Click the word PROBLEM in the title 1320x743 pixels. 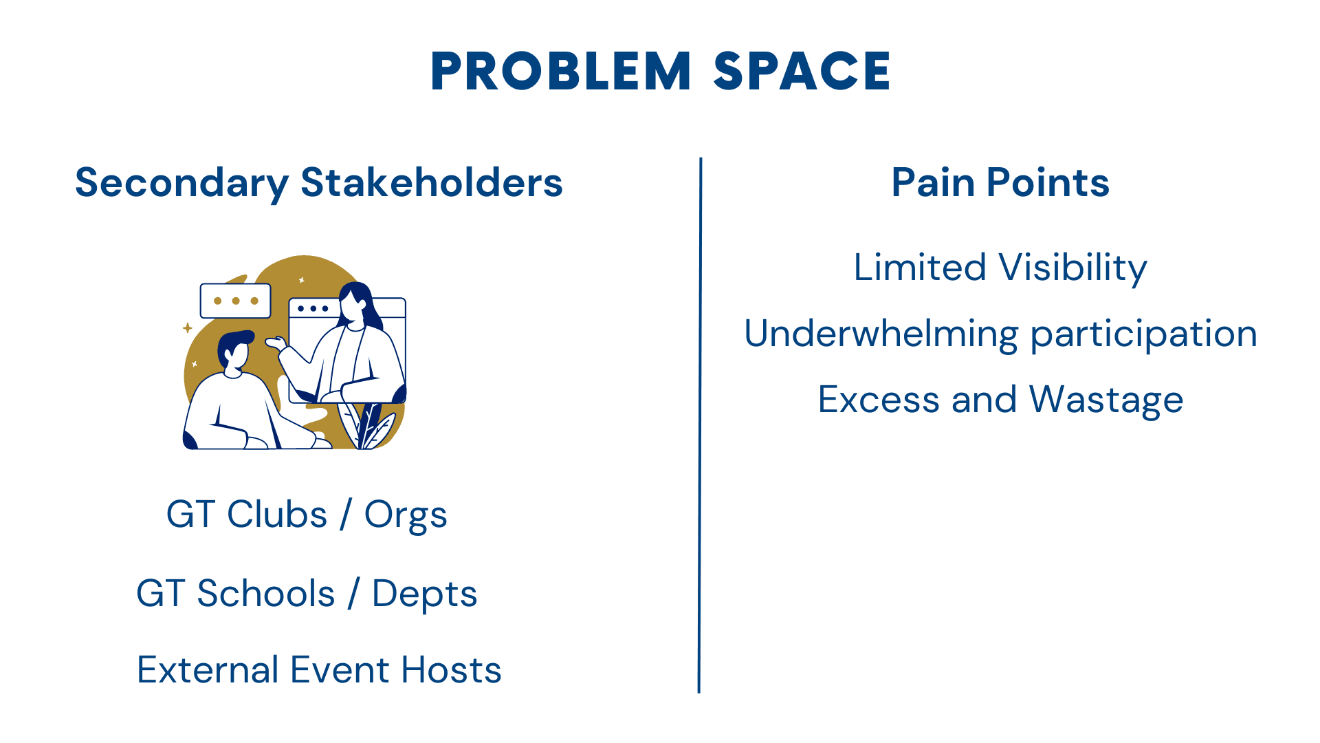click(561, 72)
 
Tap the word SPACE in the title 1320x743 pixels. click(802, 72)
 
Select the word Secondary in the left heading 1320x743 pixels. click(182, 184)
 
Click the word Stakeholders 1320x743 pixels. click(432, 183)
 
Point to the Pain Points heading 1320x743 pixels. click(1000, 183)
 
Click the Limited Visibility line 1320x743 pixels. click(1000, 268)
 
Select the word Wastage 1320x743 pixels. click(1106, 400)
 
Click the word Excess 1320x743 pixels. click(879, 400)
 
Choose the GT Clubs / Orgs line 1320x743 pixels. click(307, 515)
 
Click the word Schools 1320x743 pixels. click(266, 593)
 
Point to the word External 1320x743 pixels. click(208, 670)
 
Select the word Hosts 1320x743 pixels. click(452, 670)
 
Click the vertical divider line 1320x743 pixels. click(700, 425)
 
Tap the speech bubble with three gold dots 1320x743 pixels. click(236, 301)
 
